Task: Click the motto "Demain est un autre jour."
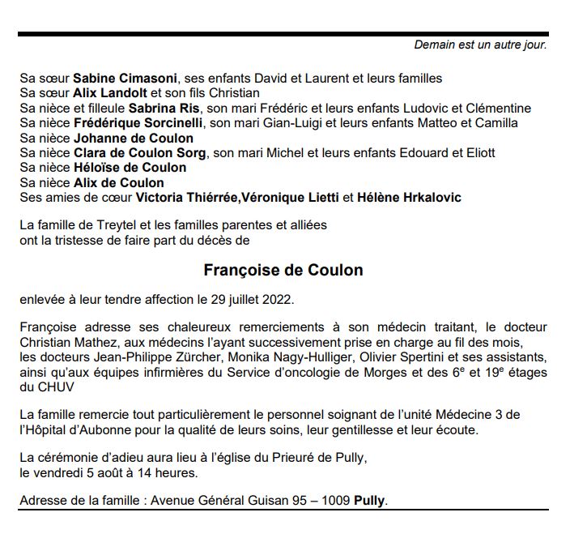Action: coord(480,45)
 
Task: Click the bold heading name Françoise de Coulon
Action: coord(283,270)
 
